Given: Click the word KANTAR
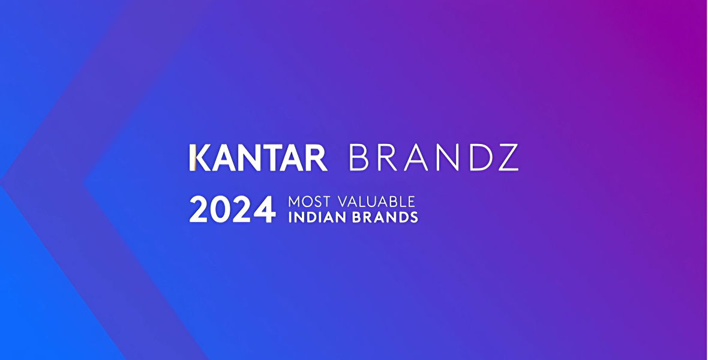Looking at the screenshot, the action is coord(258,158).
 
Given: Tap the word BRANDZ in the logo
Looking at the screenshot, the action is coord(434,158).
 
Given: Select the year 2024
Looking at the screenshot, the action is coord(233,209).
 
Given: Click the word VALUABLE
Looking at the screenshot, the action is coord(376,201).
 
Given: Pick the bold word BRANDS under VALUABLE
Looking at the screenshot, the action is coord(385,217).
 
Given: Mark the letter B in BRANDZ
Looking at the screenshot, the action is coord(359,158).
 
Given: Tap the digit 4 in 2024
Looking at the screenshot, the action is coord(265,209).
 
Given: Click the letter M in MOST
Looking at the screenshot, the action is coord(294,201).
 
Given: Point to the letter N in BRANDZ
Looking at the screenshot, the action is coord(450,158).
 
